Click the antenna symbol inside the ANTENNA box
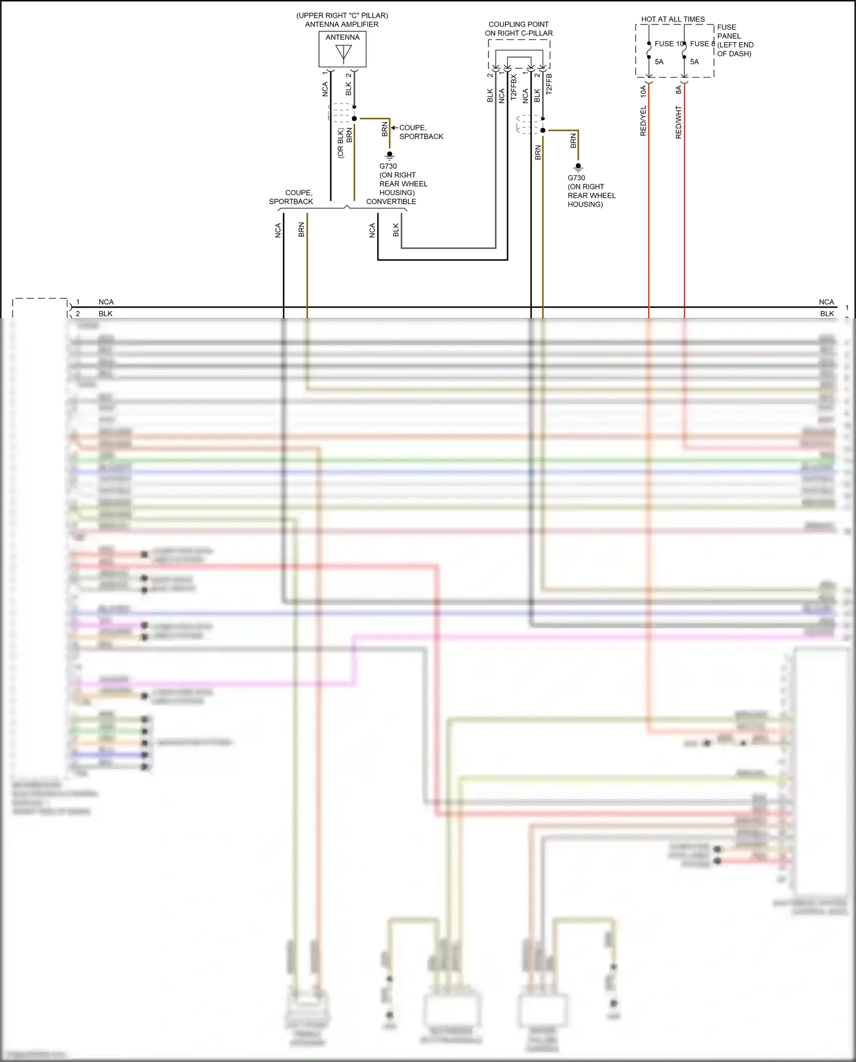click(x=344, y=53)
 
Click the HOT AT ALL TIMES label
click(x=673, y=19)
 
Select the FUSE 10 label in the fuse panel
click(x=668, y=44)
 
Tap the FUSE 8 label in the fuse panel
click(x=702, y=44)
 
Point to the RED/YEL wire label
click(x=643, y=120)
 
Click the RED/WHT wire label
click(x=679, y=122)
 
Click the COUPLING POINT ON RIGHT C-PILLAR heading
click(x=519, y=29)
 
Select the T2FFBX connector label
click(x=514, y=87)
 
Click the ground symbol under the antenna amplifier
click(x=390, y=155)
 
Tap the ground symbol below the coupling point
click(x=578, y=167)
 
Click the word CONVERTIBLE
click(x=391, y=201)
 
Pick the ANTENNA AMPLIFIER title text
click(x=342, y=25)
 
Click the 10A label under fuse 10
click(x=643, y=90)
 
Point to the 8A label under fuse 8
click(x=679, y=90)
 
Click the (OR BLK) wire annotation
click(x=341, y=143)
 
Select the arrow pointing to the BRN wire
click(x=394, y=128)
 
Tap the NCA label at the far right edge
click(x=826, y=302)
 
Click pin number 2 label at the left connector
click(x=78, y=313)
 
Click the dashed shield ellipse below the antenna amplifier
click(x=341, y=112)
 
